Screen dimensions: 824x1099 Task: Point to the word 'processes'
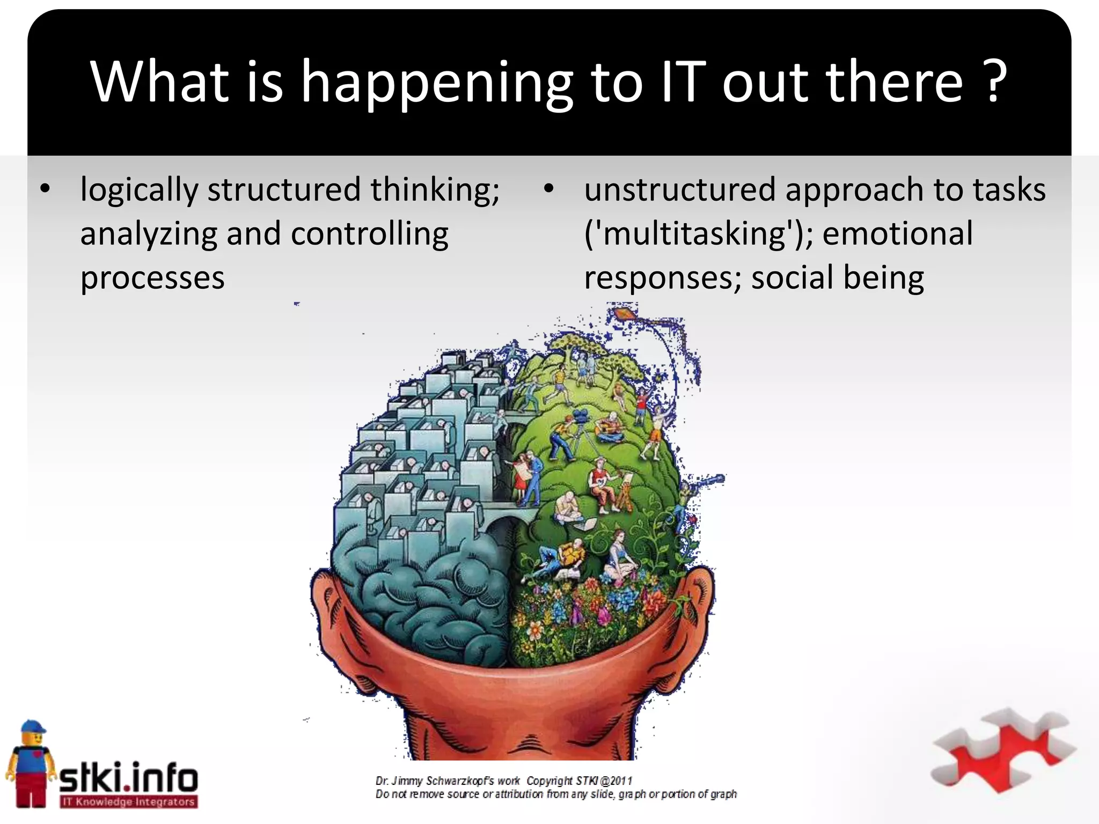(x=152, y=278)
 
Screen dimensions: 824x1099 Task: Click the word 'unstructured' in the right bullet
(x=680, y=190)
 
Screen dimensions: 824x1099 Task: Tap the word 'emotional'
(x=897, y=234)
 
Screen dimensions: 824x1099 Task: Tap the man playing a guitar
(x=610, y=426)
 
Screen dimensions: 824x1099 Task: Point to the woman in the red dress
(x=519, y=472)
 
